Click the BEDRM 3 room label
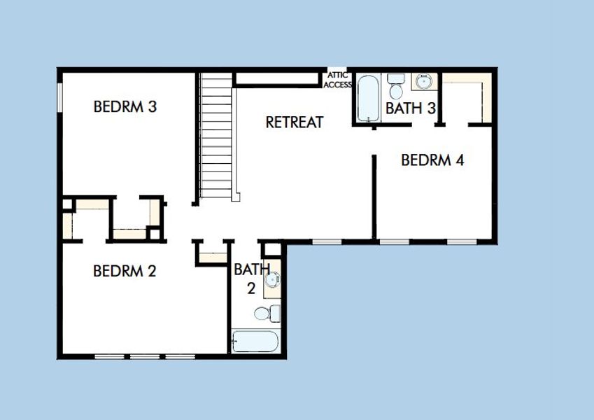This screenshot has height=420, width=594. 125,106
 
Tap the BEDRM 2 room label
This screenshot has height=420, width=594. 125,271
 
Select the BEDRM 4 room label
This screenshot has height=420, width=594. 432,160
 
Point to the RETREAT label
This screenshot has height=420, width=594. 295,122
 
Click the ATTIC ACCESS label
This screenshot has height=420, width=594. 337,80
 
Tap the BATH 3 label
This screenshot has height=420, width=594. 411,108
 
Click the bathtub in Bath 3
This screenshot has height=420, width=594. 368,98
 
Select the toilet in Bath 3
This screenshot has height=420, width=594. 396,86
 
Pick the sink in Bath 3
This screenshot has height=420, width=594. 424,81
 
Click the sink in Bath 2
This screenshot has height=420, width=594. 272,280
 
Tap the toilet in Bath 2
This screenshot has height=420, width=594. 267,314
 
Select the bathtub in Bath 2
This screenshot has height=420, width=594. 255,342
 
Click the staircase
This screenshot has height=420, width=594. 216,135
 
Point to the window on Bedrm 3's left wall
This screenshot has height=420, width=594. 59,97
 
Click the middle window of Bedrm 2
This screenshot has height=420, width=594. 145,357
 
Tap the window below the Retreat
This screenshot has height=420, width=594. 327,241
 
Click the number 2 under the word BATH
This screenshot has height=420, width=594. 251,288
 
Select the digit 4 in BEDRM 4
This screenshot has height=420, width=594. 460,160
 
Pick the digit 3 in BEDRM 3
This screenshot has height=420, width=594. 153,106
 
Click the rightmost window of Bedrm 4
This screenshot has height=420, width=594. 462,241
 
